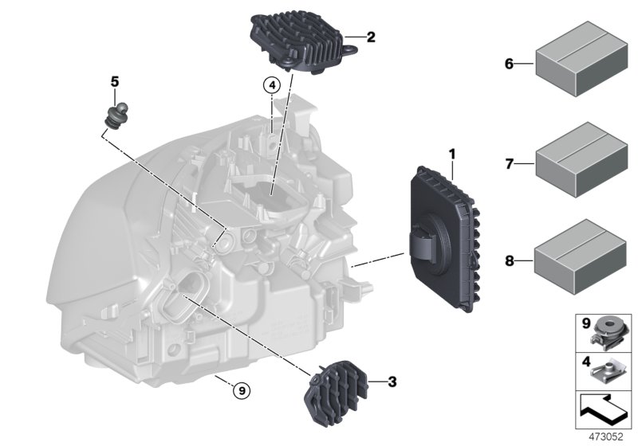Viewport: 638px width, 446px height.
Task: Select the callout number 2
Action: (371, 37)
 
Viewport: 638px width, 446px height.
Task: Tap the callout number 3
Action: (392, 382)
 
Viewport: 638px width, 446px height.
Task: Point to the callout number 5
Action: (114, 81)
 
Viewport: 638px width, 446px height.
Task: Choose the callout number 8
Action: (509, 259)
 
